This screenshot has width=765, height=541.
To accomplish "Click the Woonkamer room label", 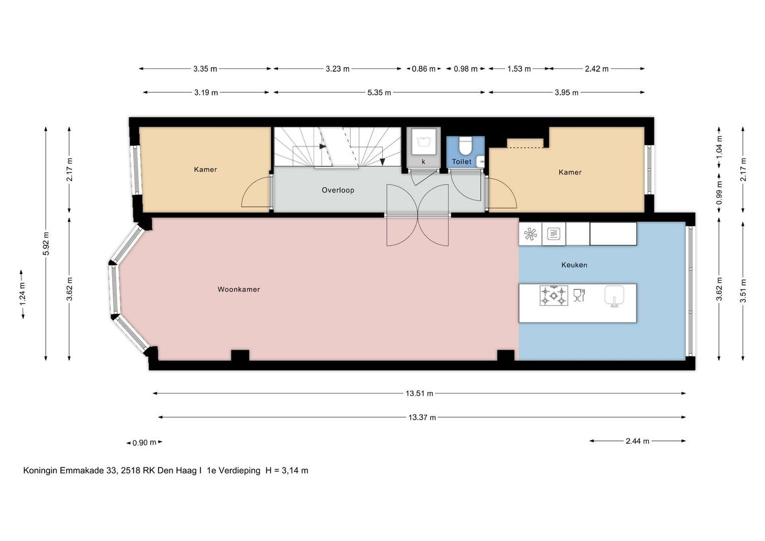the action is (239, 290).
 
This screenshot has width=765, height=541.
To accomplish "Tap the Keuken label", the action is (574, 265).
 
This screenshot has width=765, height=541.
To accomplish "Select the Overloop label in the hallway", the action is (338, 190).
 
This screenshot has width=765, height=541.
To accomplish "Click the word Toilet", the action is (461, 162).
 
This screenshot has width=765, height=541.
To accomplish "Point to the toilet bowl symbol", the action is (464, 146).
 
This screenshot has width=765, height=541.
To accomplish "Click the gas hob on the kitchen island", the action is (554, 296).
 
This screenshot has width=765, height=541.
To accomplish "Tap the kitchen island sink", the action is (614, 296).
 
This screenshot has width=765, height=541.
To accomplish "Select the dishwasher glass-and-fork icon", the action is (579, 295).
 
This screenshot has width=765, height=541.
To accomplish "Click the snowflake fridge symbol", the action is (531, 234).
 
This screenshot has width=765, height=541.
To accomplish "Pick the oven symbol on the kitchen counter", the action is (554, 234).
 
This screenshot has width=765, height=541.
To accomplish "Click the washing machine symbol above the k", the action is (423, 141).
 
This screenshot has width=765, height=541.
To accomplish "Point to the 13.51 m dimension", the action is (419, 393).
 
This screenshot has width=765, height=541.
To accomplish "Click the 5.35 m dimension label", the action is (379, 93).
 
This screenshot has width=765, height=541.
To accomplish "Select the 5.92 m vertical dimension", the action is (46, 243).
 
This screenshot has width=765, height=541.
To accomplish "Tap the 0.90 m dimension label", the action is (144, 443).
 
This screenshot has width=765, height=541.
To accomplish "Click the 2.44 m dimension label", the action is (637, 441).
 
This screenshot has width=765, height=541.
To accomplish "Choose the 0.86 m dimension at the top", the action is (423, 69).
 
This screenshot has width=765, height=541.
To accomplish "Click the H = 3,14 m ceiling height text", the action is (287, 471).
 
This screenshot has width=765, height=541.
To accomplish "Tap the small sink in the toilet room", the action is (480, 161).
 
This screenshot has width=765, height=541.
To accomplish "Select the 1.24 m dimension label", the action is (23, 295).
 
